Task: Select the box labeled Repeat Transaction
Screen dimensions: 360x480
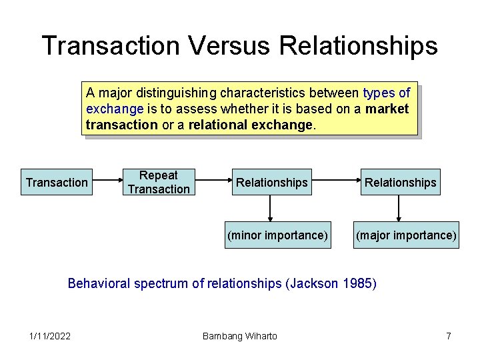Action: (159, 182)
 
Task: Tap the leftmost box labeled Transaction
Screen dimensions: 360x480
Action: (57, 182)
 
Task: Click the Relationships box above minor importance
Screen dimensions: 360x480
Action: (272, 182)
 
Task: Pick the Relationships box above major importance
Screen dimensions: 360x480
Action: (401, 182)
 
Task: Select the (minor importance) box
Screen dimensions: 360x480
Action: (277, 235)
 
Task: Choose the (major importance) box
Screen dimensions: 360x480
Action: (406, 235)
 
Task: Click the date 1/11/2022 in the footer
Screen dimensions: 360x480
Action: (50, 336)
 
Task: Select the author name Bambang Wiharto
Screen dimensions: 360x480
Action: (239, 336)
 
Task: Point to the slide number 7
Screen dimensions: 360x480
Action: (449, 336)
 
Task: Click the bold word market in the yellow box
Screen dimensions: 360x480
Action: (387, 109)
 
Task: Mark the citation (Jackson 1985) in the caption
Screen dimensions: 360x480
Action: (331, 283)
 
